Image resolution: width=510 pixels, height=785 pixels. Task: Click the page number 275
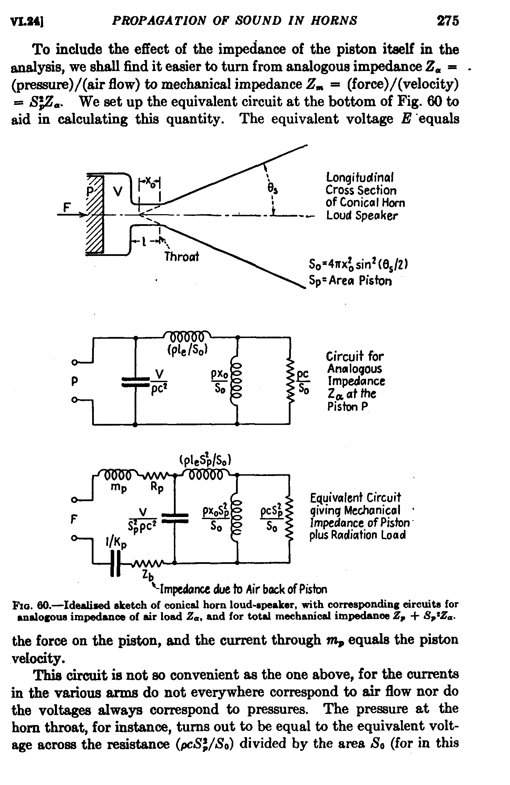(x=448, y=21)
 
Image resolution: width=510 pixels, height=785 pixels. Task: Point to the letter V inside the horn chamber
(x=118, y=192)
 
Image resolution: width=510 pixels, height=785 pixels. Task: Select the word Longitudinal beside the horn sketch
(x=360, y=178)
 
